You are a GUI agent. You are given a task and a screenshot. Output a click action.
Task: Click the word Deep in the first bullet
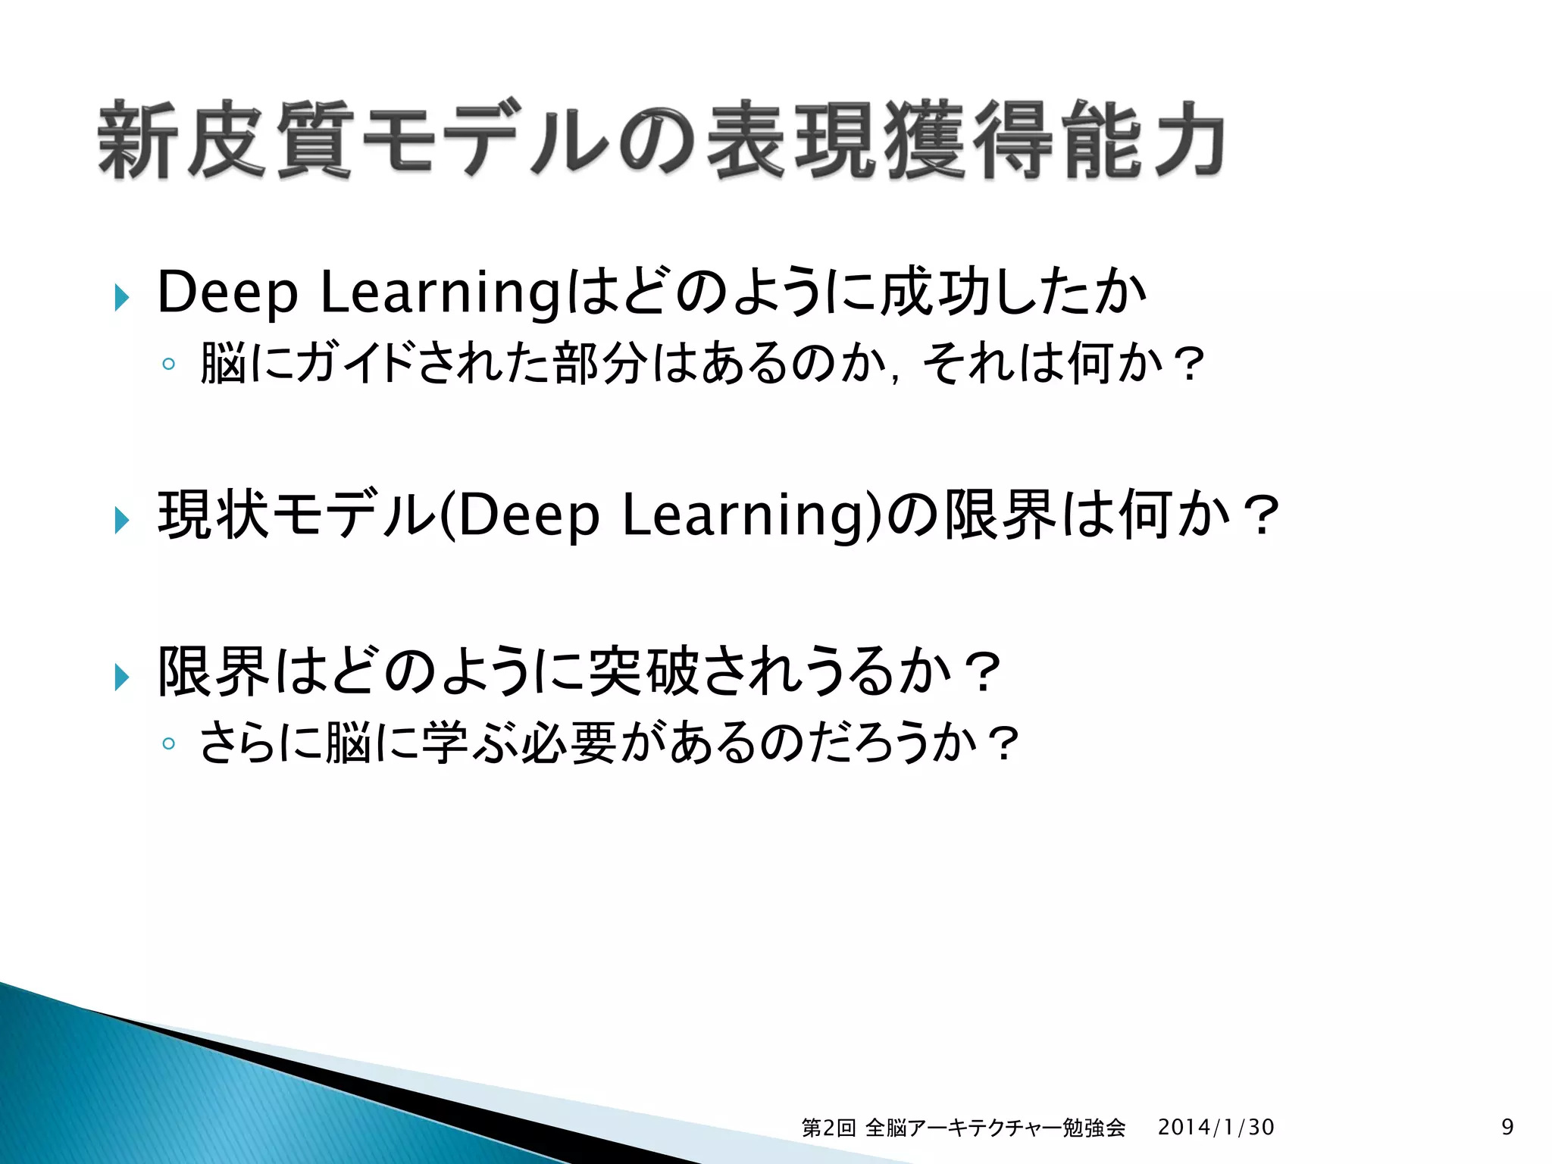227,293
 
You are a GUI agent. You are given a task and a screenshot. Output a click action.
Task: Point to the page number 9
1507,1127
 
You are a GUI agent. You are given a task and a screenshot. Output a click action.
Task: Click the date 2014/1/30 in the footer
1216,1128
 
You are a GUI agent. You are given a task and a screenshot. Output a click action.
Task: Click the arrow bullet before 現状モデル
122,520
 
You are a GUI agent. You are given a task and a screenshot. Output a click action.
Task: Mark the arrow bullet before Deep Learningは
122,297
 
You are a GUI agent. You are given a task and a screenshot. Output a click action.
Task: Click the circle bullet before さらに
168,743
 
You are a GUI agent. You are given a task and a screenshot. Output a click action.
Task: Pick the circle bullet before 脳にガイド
168,365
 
